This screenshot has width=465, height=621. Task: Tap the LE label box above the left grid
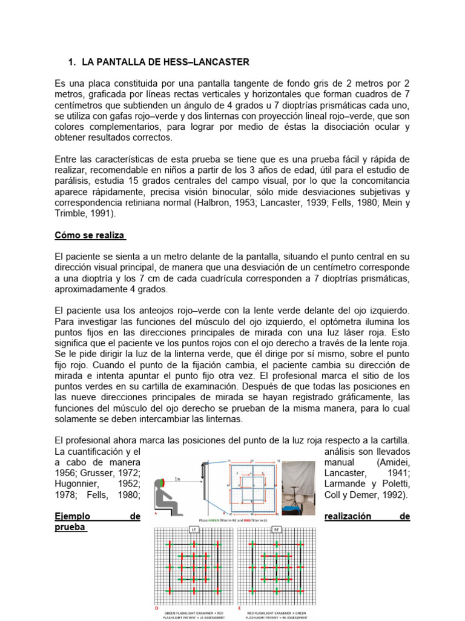tap(195, 529)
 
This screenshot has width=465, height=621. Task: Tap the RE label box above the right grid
tap(276, 529)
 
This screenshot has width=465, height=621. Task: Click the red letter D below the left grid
tap(156, 607)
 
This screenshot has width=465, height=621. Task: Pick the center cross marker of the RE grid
tap(276, 566)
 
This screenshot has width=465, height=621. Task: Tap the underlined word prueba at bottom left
tap(71, 527)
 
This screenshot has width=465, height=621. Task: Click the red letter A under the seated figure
tap(156, 512)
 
